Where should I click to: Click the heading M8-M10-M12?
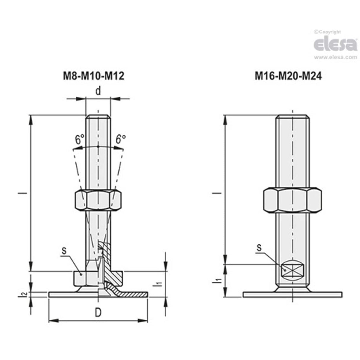tap(94, 76)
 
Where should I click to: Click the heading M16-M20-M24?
tap(288, 76)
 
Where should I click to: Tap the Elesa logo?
tap(335, 44)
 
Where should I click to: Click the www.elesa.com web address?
tap(335, 57)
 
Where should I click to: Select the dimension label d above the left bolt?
tap(98, 91)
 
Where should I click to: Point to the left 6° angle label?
tap(79, 139)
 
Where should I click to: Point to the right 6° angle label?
tap(120, 139)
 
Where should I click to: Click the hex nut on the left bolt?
tap(98, 200)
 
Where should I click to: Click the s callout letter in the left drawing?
tap(63, 251)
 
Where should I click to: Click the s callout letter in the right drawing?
tap(259, 248)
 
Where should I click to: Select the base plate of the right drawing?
tap(292, 294)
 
